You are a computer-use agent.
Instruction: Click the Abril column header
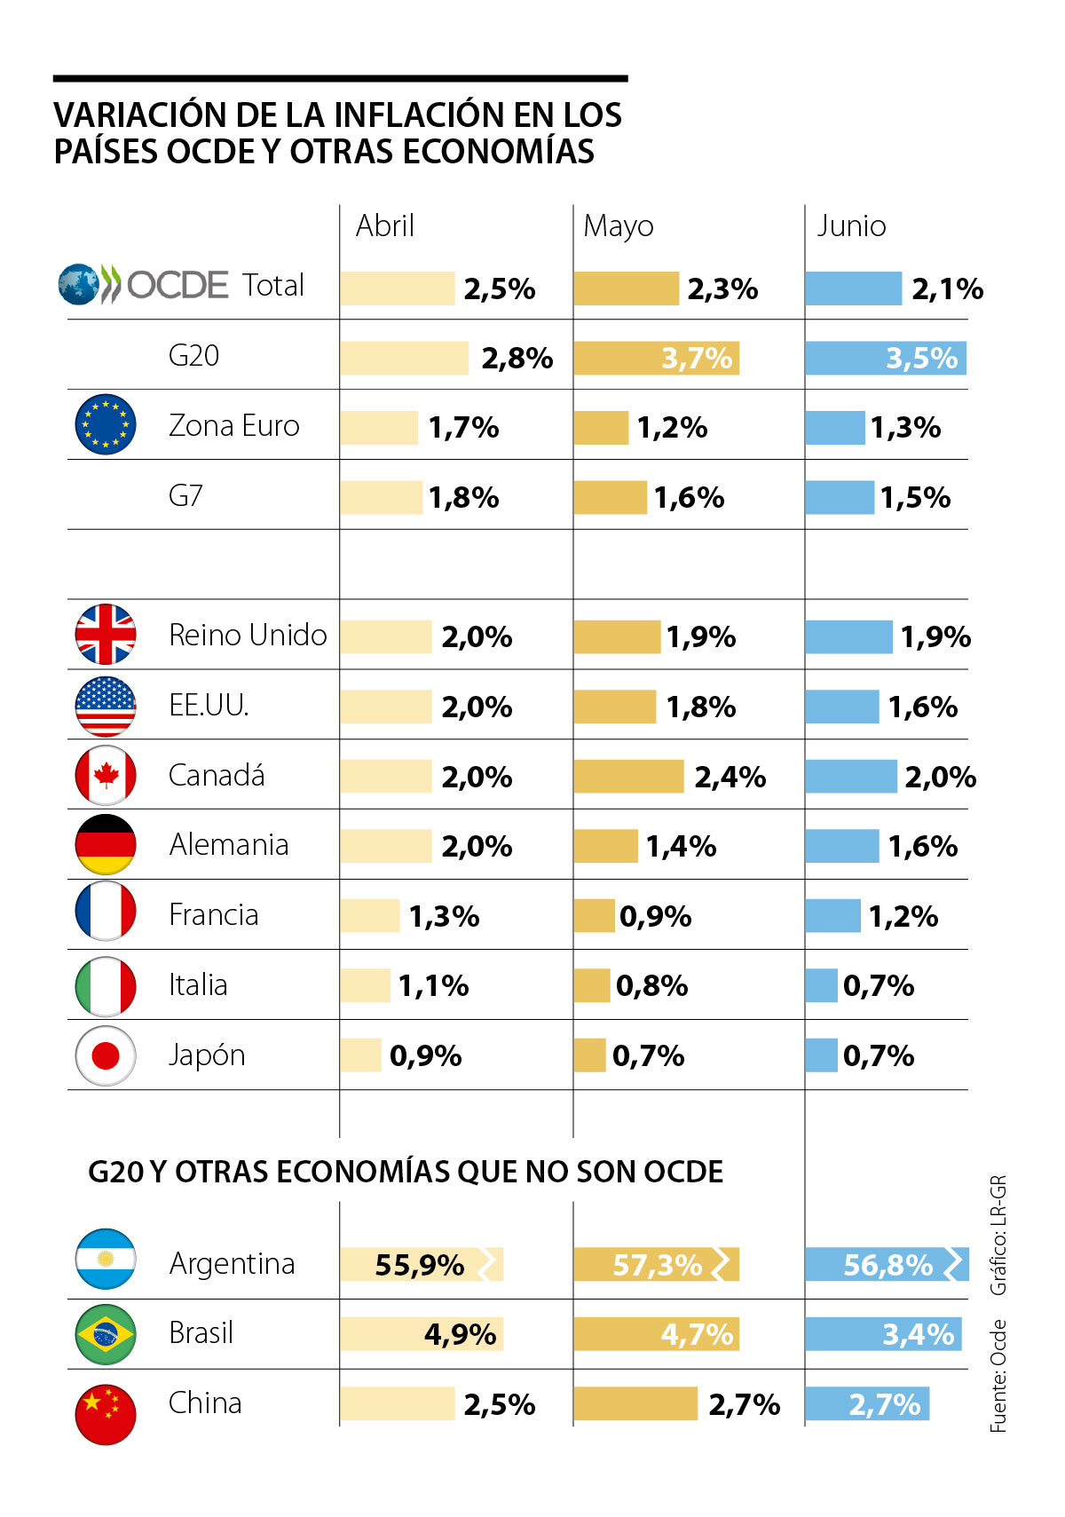[x=384, y=226]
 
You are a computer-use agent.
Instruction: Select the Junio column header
[x=851, y=226]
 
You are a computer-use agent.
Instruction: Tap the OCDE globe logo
[x=79, y=285]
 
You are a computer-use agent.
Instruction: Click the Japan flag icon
[x=106, y=1055]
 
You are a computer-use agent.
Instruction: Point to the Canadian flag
[x=106, y=775]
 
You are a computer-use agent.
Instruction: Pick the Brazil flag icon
[x=106, y=1333]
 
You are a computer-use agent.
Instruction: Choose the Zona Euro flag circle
[x=106, y=425]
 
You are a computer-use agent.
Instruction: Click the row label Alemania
[x=229, y=844]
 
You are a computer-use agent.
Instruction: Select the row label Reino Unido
[x=248, y=636]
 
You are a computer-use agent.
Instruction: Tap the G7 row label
[x=185, y=495]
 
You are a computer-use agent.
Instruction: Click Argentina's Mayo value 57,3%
[x=658, y=1265]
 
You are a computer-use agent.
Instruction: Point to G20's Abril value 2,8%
[x=517, y=359]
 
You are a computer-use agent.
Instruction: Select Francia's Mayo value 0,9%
[x=655, y=916]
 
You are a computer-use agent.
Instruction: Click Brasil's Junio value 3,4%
[x=918, y=1334]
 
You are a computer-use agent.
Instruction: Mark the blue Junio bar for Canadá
[x=850, y=777]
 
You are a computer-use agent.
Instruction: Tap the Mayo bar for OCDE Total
[x=626, y=288]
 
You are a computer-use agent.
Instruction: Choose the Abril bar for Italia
[x=365, y=985]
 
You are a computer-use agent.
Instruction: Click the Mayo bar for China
[x=635, y=1404]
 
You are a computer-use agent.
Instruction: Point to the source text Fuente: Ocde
[x=999, y=1376]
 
